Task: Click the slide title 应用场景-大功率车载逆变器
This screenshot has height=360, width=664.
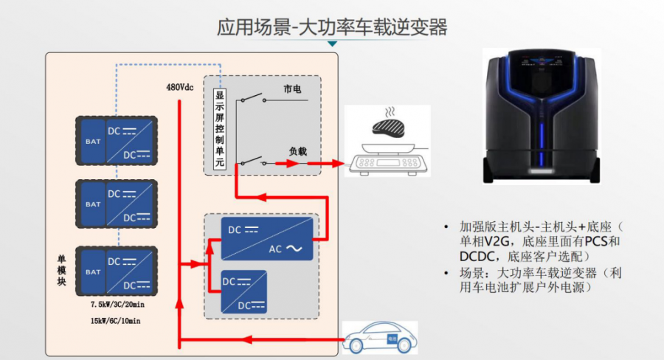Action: [332, 27]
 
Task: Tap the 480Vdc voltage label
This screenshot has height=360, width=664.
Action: [180, 87]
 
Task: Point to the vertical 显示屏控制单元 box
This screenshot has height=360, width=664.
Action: [219, 129]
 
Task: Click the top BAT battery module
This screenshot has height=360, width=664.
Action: [93, 139]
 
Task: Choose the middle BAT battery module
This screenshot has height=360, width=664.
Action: [93, 204]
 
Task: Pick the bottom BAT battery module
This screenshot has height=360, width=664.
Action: [93, 271]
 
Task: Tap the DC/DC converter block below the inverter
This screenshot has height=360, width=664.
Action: [244, 291]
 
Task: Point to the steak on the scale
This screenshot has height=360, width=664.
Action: [390, 126]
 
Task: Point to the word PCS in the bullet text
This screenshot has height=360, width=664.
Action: [598, 241]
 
